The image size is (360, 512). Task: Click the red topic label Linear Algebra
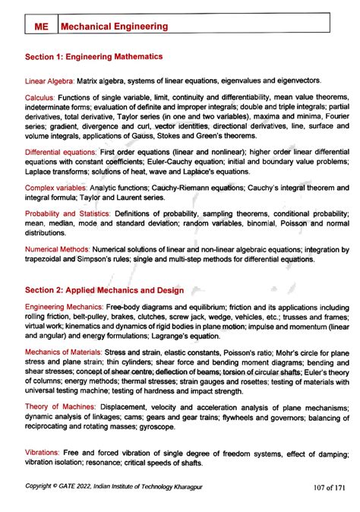tap(49, 81)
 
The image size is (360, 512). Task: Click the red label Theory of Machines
tap(55, 407)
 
